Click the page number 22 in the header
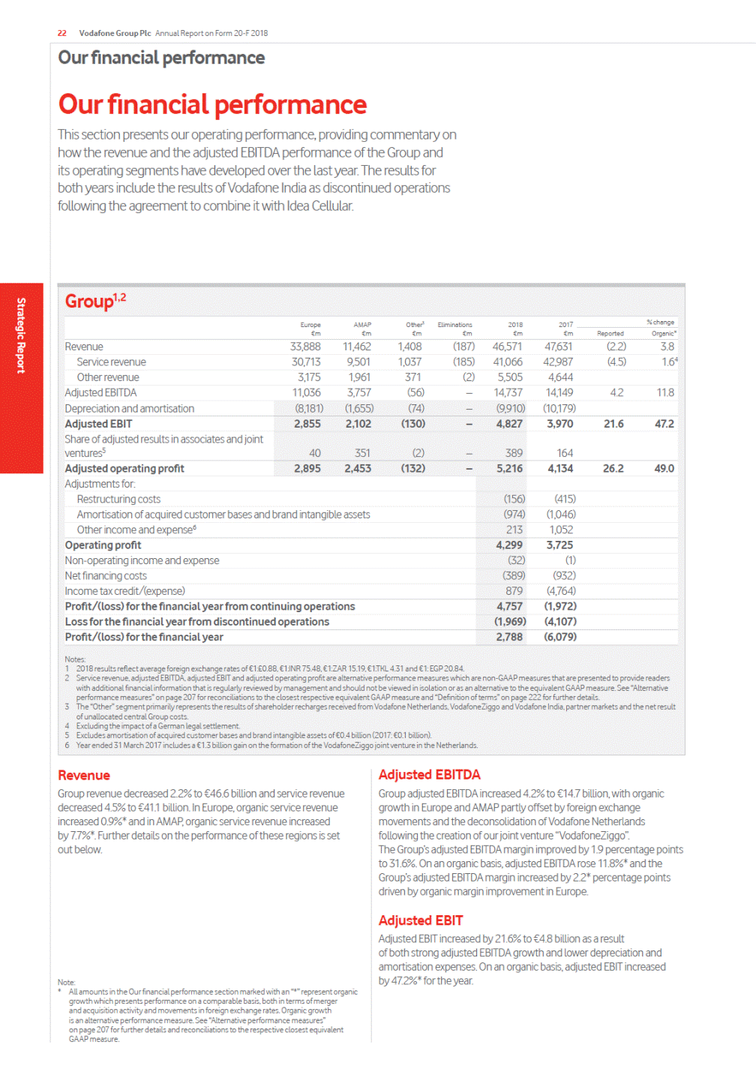point(61,33)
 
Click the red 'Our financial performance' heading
point(212,104)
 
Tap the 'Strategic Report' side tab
point(21,335)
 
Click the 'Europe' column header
point(310,325)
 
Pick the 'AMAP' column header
point(362,325)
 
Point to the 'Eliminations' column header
point(454,325)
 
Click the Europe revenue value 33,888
point(305,347)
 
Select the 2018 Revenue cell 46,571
point(508,347)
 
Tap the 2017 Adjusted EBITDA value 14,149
point(559,392)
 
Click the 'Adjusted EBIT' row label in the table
point(98,424)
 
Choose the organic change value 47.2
point(664,424)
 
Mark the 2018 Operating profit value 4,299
point(509,545)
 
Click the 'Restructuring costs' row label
point(118,500)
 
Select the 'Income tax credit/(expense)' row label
point(124,591)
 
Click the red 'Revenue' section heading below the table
point(84,776)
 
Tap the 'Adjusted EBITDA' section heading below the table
point(429,775)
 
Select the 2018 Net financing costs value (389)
point(514,576)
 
